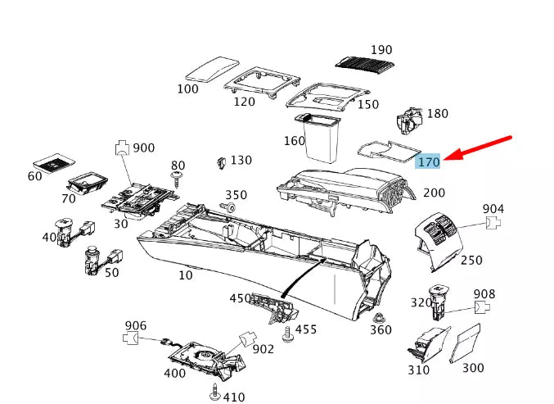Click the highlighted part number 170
click(x=429, y=162)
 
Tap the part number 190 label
click(x=381, y=50)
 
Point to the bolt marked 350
click(x=230, y=209)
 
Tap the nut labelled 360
click(x=377, y=317)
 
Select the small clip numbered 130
click(x=220, y=162)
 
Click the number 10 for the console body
click(x=186, y=275)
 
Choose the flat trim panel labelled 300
click(x=470, y=344)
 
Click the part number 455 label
click(x=306, y=329)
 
